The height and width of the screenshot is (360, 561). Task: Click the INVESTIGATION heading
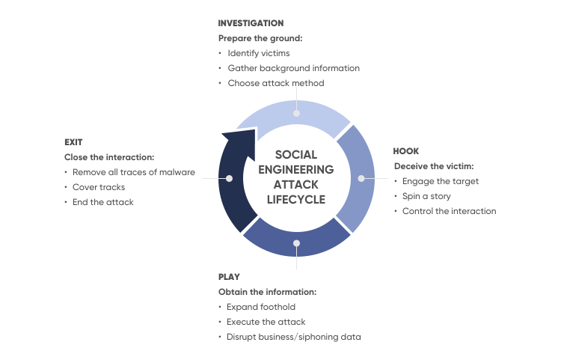coord(251,23)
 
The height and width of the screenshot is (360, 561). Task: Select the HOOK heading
coord(405,151)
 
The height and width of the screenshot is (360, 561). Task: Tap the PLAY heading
coord(229,277)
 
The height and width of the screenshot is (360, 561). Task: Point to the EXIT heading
coord(73,142)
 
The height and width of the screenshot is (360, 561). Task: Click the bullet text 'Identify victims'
coord(259,53)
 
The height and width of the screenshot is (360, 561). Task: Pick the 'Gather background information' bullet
coord(294,68)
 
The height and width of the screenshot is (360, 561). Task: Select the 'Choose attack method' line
coord(276,83)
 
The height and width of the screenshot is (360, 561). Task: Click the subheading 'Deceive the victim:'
coord(434,166)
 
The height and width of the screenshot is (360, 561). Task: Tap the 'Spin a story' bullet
coord(426,196)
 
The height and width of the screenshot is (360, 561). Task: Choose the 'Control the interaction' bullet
coord(449,211)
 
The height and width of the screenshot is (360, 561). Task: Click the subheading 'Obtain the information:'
coord(268,292)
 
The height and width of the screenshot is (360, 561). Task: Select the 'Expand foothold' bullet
coord(261,307)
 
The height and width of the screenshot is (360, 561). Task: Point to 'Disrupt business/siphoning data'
coord(294,337)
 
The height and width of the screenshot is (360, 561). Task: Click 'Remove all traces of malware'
coord(134,172)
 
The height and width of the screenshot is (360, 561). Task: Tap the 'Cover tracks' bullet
coord(99,188)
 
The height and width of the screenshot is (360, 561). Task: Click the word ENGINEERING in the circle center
coord(296,170)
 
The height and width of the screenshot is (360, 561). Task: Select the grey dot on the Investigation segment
coord(297,114)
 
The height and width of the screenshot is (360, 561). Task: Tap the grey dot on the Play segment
coord(297,243)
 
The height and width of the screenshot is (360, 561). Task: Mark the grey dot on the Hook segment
coord(361,178)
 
